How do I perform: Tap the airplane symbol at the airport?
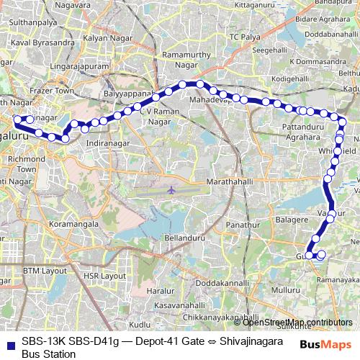click(x=171, y=190)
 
